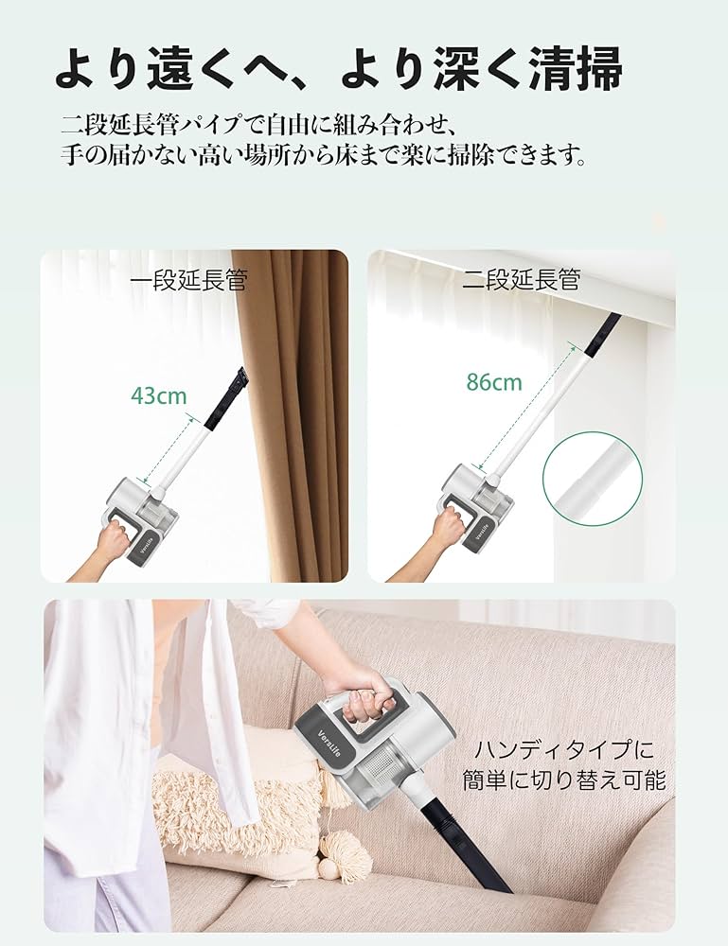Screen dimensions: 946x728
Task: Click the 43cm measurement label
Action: click(x=159, y=394)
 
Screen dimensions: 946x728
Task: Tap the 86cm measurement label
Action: click(x=493, y=382)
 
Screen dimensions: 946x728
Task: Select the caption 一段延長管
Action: click(x=188, y=281)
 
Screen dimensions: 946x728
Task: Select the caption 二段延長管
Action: click(x=521, y=280)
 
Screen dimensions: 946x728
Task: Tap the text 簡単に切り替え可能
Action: click(x=564, y=781)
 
